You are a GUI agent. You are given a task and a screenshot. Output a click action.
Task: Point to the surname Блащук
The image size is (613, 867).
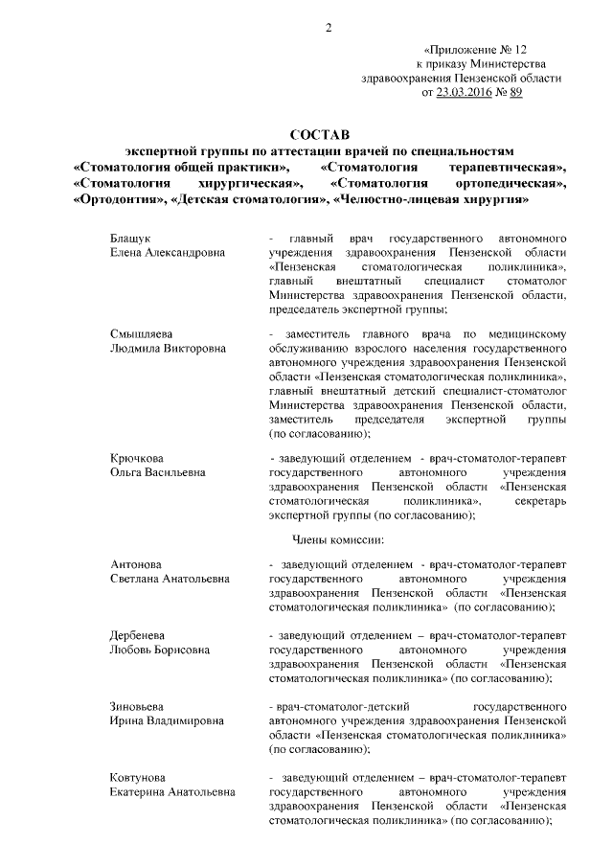point(131,237)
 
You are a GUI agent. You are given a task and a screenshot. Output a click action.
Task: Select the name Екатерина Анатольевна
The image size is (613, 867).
point(172,794)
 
